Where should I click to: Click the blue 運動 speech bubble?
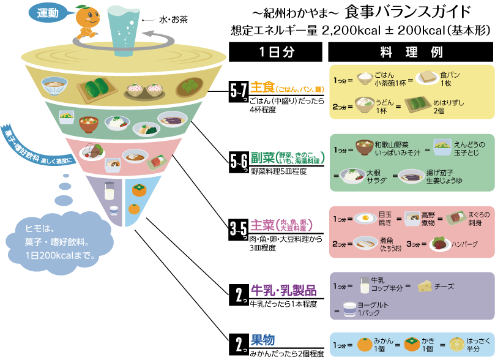click(48, 13)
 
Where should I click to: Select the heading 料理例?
click(411, 52)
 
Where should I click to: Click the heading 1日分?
click(277, 52)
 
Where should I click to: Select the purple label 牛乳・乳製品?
click(283, 290)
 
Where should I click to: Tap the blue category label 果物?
click(262, 340)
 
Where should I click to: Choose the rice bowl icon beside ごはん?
click(365, 78)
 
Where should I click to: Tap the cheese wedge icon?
click(425, 286)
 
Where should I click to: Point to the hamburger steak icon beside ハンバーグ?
click(441, 244)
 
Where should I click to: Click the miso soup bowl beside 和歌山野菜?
click(365, 148)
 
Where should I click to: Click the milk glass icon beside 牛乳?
click(365, 286)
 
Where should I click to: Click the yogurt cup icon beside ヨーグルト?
click(349, 310)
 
